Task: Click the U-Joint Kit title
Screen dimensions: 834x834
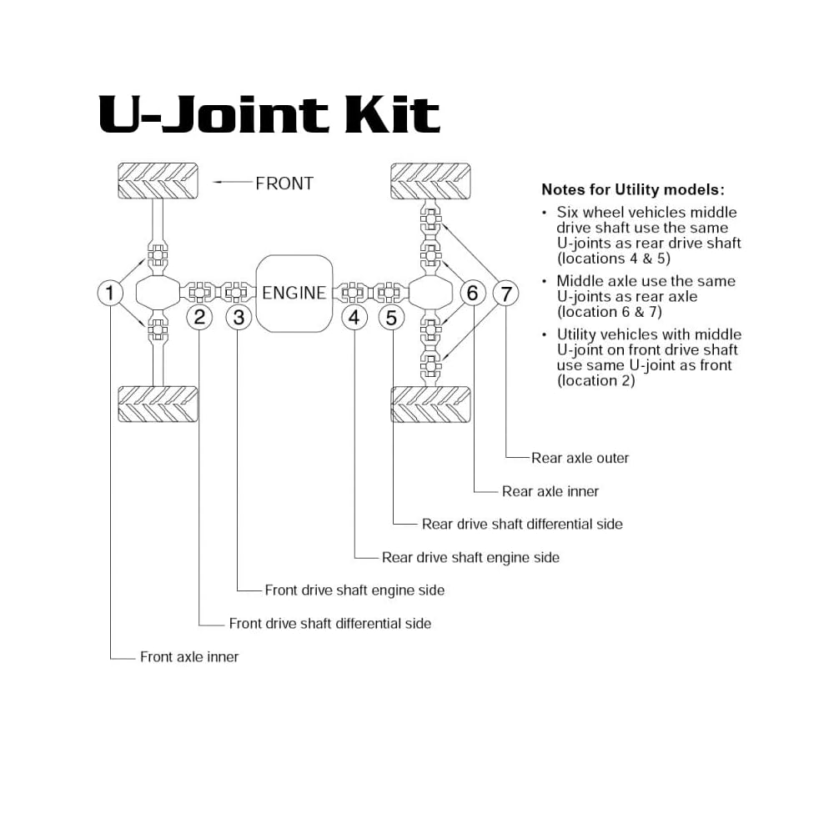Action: pyautogui.click(x=269, y=115)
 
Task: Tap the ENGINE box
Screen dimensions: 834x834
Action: pyautogui.click(x=294, y=293)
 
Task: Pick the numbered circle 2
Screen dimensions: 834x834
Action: pyautogui.click(x=199, y=317)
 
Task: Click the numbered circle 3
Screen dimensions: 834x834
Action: pyautogui.click(x=239, y=317)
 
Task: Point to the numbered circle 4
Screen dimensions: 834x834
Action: pyautogui.click(x=354, y=317)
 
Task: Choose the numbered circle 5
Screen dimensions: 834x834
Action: pyautogui.click(x=393, y=317)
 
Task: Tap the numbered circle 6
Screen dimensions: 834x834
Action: pyautogui.click(x=473, y=293)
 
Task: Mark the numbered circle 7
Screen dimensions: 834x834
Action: pyautogui.click(x=505, y=293)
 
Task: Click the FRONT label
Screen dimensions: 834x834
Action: pyautogui.click(x=284, y=183)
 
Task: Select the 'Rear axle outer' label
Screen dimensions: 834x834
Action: pyautogui.click(x=580, y=458)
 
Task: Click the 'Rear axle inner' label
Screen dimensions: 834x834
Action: pyautogui.click(x=550, y=491)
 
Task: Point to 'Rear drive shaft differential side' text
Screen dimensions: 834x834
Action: pyautogui.click(x=522, y=524)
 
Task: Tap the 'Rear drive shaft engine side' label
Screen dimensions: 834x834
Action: pyautogui.click(x=470, y=557)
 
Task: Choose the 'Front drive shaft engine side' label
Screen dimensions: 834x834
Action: pyautogui.click(x=354, y=590)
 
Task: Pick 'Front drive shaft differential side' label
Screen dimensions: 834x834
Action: pyautogui.click(x=330, y=623)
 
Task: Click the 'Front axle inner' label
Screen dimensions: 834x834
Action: pyautogui.click(x=189, y=657)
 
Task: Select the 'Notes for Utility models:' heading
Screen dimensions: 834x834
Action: pyautogui.click(x=633, y=189)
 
